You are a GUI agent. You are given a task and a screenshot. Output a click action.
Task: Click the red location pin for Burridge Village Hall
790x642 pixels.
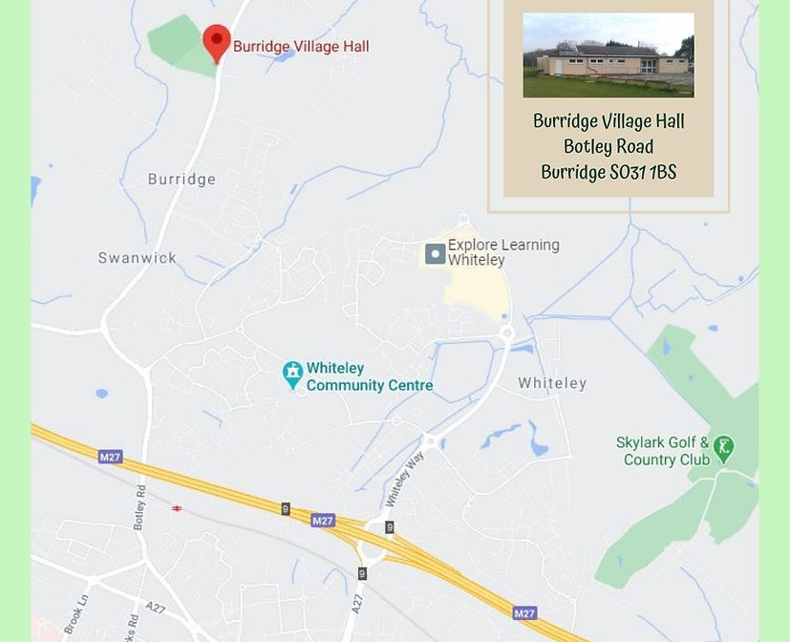[217, 41]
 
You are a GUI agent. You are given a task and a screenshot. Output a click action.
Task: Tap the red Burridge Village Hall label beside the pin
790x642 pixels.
[301, 46]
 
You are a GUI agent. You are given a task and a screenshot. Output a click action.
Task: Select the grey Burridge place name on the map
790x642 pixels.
[181, 179]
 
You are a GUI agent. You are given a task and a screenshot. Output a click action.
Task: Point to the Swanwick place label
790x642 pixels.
[138, 258]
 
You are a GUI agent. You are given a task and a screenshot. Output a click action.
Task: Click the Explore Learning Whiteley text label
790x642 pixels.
[502, 252]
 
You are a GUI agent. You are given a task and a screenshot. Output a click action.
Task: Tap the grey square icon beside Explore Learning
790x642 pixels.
[435, 253]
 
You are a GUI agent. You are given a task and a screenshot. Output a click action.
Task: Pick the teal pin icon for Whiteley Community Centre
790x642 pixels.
[292, 375]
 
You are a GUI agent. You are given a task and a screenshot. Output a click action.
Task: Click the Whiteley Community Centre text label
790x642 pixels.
[369, 376]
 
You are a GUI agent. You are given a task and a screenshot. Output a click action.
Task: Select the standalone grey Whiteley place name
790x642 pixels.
[552, 383]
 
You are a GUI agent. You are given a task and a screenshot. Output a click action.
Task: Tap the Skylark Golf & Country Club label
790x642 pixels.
[663, 451]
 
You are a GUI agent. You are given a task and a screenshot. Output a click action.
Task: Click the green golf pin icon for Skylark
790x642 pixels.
[724, 448]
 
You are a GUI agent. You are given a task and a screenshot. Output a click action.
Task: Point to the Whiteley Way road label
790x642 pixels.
[403, 479]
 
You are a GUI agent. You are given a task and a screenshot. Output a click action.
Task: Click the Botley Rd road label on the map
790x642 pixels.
[140, 507]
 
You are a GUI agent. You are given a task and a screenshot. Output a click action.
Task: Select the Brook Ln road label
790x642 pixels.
[75, 611]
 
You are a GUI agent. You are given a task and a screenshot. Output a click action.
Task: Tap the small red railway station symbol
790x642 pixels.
[177, 509]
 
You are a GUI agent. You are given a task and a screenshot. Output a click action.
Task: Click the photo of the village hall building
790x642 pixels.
[609, 54]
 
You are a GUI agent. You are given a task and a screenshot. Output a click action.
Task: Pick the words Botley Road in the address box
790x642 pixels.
[609, 147]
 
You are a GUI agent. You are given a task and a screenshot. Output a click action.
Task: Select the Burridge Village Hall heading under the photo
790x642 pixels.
[609, 121]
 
